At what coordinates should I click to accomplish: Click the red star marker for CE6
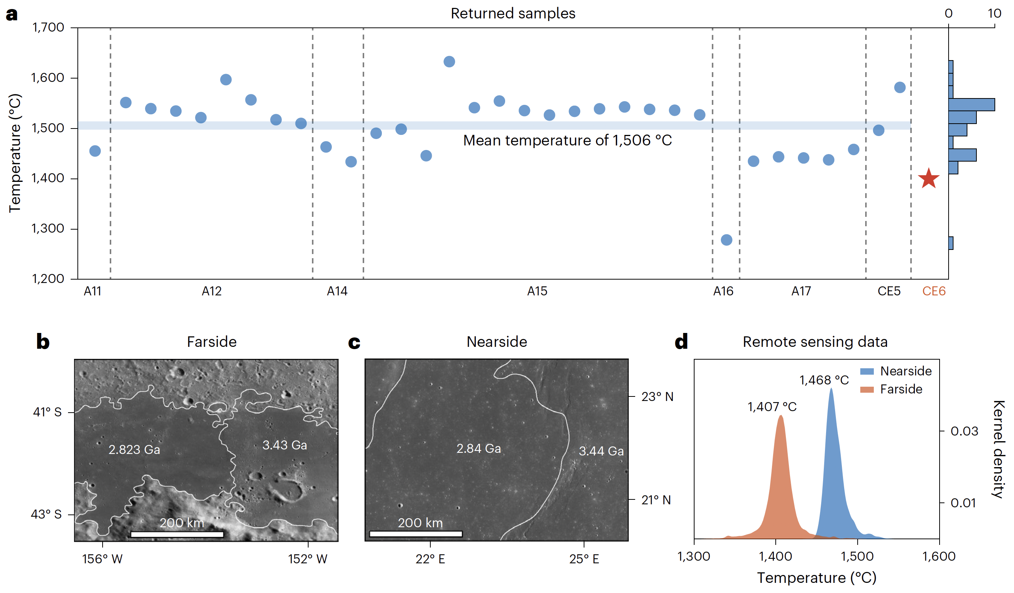[x=928, y=179]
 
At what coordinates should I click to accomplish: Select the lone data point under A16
[x=726, y=240]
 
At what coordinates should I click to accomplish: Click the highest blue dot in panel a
[x=449, y=62]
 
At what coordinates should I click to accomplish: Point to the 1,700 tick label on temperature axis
[x=48, y=27]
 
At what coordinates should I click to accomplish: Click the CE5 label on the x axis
[x=889, y=291]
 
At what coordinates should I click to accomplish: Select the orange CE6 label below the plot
[x=934, y=291]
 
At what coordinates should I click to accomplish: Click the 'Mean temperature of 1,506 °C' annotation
[x=568, y=141]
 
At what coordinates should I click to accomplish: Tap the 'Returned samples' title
[x=513, y=13]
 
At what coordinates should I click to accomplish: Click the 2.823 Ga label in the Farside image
[x=135, y=449]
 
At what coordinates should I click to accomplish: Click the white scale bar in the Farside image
[x=177, y=534]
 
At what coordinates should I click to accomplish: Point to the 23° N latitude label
[x=657, y=397]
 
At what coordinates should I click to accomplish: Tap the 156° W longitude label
[x=102, y=559]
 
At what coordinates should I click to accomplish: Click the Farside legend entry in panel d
[x=900, y=389]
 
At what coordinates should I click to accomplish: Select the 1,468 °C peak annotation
[x=824, y=380]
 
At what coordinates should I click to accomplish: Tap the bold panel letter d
[x=681, y=342]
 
